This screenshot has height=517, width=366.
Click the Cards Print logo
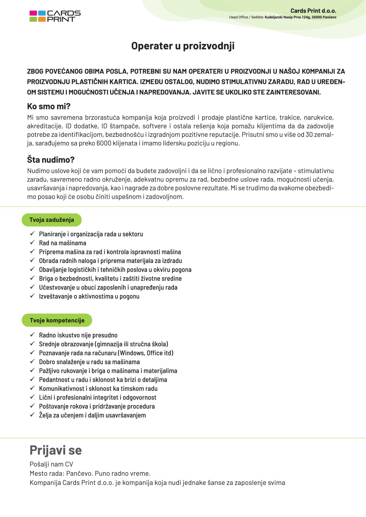point(55,16)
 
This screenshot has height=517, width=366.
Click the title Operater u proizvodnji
point(183,46)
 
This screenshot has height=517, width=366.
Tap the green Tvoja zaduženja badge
point(52,220)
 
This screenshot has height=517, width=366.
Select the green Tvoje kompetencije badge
point(57,320)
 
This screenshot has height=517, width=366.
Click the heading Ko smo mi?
point(49,106)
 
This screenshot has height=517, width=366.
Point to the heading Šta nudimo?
point(51,160)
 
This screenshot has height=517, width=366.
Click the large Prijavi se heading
point(56,450)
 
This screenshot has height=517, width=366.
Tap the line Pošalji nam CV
point(51,464)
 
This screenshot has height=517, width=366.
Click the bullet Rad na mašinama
point(63,243)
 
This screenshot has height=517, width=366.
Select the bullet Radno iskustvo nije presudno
point(78,335)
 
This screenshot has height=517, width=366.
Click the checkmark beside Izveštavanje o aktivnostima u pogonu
point(32,296)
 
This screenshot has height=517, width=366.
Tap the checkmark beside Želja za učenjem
point(32,415)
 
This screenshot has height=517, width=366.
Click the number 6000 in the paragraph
point(104,143)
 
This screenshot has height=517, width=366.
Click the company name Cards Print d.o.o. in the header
point(313,11)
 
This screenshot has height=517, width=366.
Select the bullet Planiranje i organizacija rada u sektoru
point(91,234)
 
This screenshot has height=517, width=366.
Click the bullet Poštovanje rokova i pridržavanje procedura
point(97,406)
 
